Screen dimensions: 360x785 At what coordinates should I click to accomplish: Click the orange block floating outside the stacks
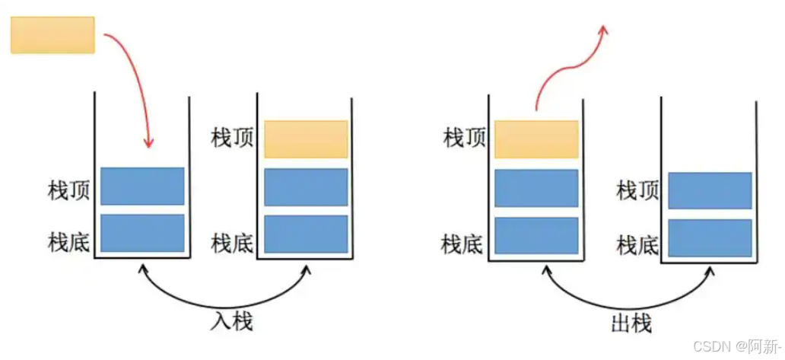coord(52,35)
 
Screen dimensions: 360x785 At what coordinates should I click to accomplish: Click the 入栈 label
coord(230,322)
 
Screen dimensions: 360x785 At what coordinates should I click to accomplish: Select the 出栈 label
coord(631,323)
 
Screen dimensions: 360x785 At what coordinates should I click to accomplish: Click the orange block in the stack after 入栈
coord(306,139)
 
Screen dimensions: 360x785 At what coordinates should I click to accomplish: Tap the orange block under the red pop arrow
coord(536,139)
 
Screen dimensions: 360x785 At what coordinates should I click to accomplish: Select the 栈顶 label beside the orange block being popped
coord(463,139)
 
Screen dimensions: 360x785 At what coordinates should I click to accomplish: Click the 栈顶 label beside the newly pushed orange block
coord(232,139)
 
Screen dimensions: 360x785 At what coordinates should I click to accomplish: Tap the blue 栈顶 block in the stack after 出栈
coord(710,190)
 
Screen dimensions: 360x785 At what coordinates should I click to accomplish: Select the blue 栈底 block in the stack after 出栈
coord(710,238)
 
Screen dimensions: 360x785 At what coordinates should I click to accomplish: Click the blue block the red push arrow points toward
coord(142,186)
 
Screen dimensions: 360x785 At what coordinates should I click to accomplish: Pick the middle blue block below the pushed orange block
coord(306,187)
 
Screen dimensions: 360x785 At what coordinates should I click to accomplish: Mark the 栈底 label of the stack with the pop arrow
coord(462,244)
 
